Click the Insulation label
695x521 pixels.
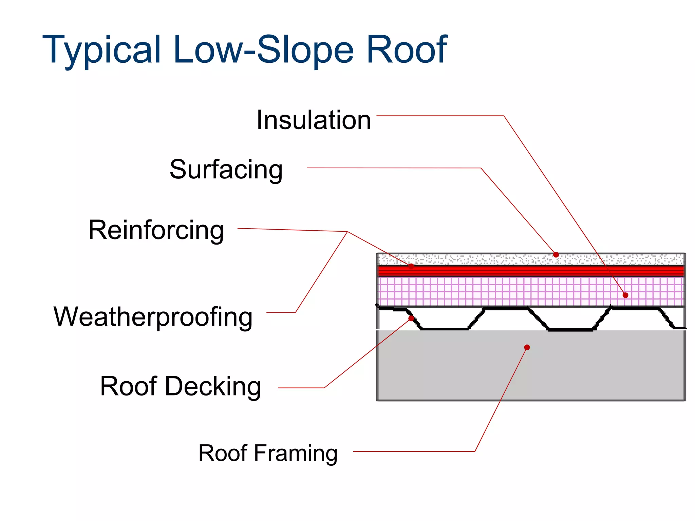(x=314, y=120)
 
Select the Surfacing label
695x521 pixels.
(x=226, y=169)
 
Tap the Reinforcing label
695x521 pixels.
(x=156, y=230)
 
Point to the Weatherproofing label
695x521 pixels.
(x=153, y=316)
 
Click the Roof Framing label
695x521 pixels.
(x=268, y=453)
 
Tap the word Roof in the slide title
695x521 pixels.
(x=407, y=50)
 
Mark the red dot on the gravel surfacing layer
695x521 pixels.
(x=556, y=255)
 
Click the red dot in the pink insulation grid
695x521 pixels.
(x=625, y=295)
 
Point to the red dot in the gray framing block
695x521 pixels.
(x=527, y=347)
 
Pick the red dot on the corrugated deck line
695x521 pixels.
(x=411, y=319)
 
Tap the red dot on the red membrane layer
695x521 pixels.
(x=411, y=266)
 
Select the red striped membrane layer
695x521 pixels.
(x=509, y=271)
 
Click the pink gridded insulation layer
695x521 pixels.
(x=509, y=292)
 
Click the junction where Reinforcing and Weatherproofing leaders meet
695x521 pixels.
(x=348, y=232)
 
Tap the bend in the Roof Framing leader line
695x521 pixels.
(x=475, y=451)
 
